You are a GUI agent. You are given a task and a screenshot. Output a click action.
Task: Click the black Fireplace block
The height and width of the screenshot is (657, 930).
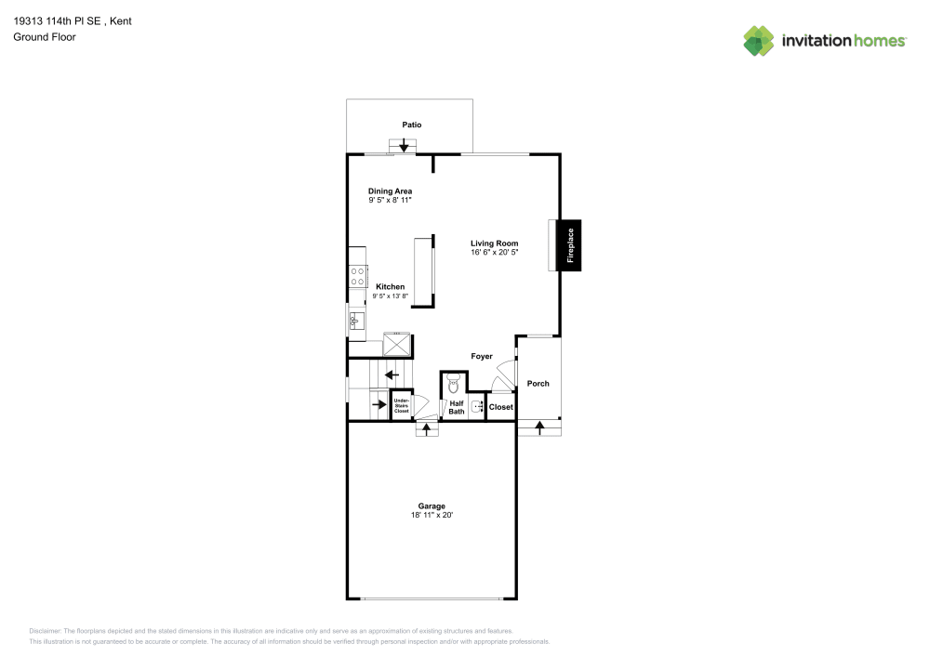[571, 245]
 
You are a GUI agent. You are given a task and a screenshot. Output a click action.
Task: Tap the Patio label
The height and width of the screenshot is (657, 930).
[412, 125]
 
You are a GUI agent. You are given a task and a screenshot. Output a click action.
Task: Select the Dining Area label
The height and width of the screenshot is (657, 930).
[390, 191]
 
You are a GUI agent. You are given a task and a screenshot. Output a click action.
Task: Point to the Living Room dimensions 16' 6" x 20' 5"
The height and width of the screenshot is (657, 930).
[494, 252]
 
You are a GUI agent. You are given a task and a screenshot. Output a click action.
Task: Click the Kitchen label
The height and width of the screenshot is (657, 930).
[391, 286]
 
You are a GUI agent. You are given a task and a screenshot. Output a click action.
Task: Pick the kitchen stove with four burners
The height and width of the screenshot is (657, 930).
[357, 277]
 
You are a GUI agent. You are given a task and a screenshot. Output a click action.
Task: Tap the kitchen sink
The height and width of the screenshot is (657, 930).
[356, 322]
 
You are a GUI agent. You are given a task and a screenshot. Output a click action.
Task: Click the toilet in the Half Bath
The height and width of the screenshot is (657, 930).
[455, 384]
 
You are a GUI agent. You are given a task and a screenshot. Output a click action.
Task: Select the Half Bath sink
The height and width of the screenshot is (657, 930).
[477, 406]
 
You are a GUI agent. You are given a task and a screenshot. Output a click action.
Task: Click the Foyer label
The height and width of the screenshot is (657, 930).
[482, 356]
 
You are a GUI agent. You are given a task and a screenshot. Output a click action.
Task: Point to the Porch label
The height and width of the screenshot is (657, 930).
[538, 383]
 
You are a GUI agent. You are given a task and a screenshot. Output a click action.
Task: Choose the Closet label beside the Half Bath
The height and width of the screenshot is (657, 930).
[500, 407]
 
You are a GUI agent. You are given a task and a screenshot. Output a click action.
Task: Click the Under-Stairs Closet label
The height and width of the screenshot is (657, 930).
[402, 405]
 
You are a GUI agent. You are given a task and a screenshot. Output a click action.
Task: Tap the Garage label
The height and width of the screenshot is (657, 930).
[432, 506]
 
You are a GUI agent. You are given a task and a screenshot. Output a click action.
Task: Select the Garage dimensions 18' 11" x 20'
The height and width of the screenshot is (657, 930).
[432, 515]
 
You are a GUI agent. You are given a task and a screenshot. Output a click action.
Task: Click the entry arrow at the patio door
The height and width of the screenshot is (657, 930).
[404, 145]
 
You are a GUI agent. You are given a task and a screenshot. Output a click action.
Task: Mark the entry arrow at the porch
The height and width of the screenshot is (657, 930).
[539, 427]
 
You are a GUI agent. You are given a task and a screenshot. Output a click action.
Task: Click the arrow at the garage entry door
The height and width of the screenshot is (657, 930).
[427, 429]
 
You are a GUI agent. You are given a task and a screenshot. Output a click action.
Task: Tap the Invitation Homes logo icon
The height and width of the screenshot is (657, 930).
[759, 41]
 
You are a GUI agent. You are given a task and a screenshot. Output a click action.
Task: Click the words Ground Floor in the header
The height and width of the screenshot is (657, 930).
[45, 37]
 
